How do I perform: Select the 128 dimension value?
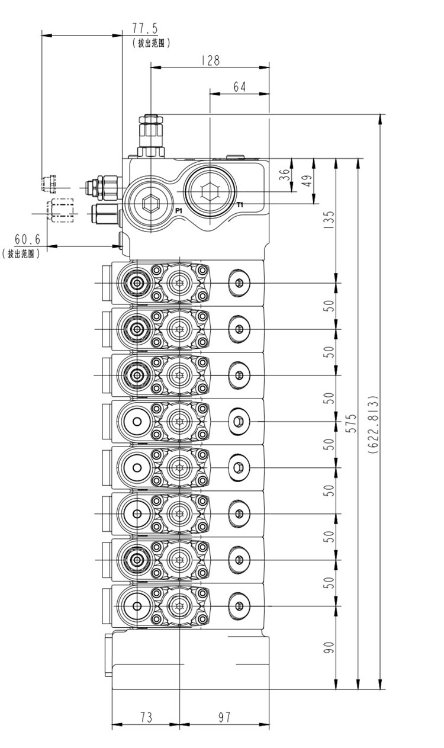210,60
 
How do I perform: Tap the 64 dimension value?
239,86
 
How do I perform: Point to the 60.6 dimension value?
27,239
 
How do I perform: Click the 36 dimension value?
285,175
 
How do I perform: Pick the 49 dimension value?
307,182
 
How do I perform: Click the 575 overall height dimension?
352,423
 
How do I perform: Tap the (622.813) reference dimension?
373,424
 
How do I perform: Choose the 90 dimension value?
330,647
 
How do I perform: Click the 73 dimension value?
146,717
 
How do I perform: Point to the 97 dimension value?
224,717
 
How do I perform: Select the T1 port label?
240,205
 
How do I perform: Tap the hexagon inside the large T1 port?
210,192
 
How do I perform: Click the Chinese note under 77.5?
151,43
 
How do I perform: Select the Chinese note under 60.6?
21,253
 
